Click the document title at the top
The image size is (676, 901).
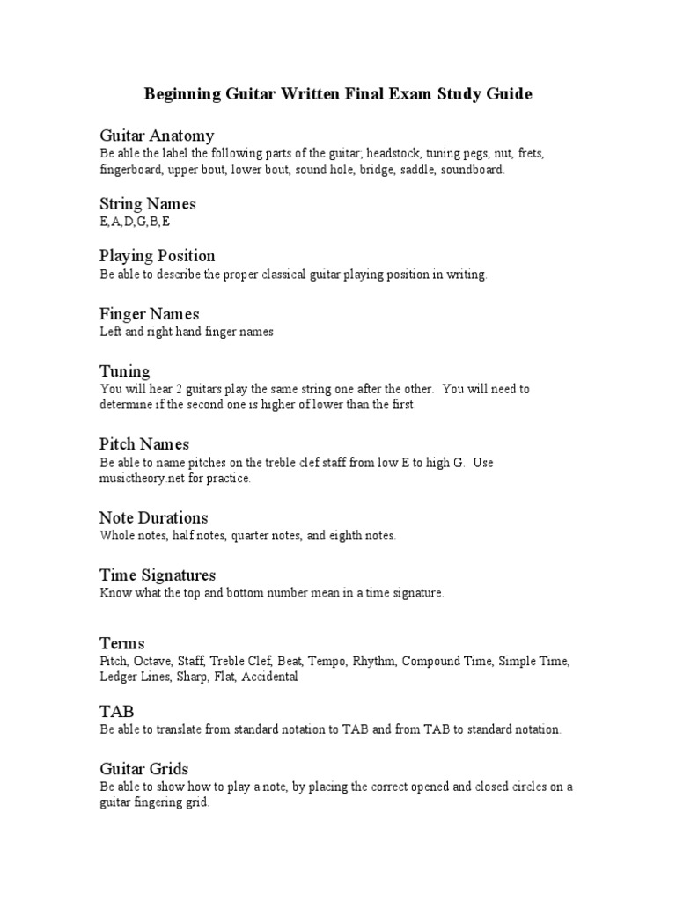(x=339, y=93)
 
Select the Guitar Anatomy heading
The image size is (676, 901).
(x=157, y=136)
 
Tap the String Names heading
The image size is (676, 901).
(x=148, y=204)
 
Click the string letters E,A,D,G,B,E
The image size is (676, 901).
(x=136, y=223)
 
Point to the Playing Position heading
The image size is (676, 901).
(x=158, y=256)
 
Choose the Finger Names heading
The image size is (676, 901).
(x=150, y=314)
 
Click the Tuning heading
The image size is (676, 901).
(x=125, y=371)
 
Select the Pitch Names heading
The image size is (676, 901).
(x=144, y=444)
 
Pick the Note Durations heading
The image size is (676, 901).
(x=154, y=517)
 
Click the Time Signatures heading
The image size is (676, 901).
(x=158, y=575)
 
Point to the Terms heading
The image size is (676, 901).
(x=122, y=643)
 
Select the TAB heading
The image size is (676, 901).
(x=117, y=711)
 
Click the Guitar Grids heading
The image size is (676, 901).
(x=144, y=769)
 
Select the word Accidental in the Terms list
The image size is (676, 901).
(x=270, y=678)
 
